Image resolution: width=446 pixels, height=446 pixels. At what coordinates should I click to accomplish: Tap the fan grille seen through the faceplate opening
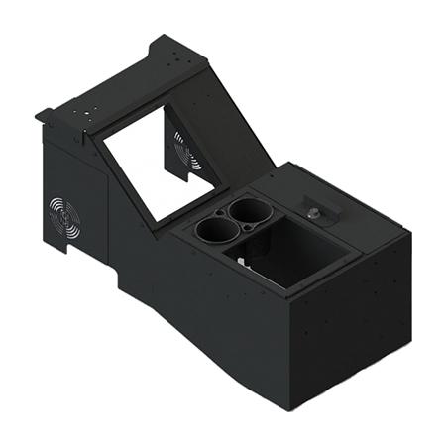point(185,150)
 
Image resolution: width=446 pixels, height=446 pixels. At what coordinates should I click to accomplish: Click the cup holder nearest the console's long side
point(214,231)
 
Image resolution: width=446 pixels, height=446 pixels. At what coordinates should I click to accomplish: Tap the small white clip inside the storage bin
point(245,262)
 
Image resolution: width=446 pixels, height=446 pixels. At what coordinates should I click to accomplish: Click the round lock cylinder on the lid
point(314,210)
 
